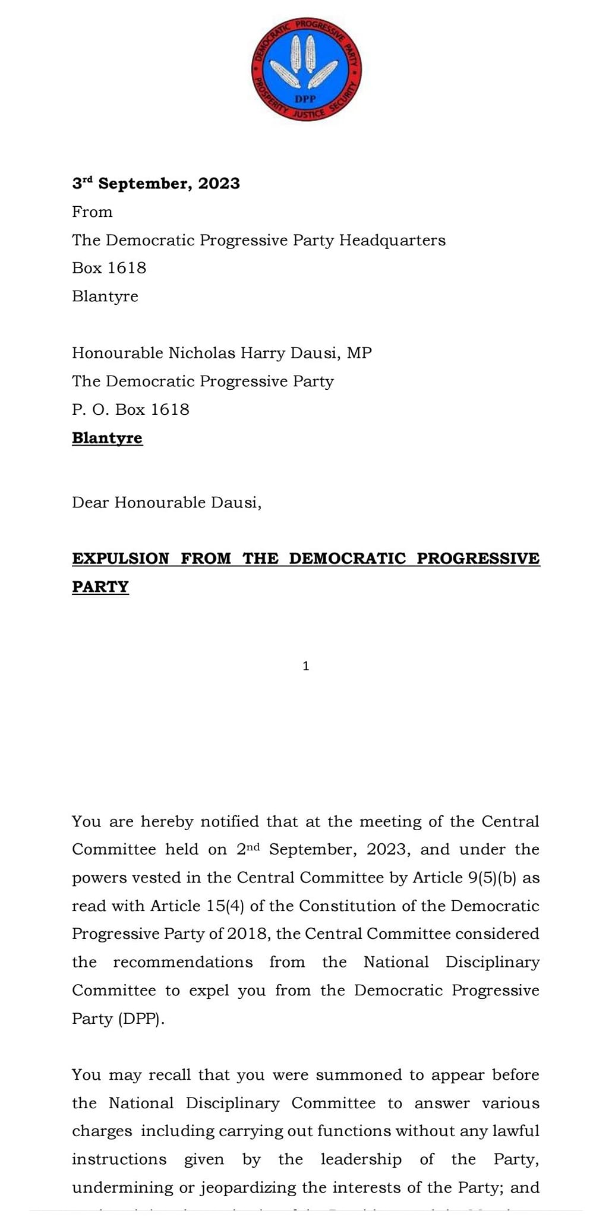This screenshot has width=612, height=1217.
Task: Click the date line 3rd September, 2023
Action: click(156, 184)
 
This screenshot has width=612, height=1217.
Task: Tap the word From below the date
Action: click(92, 212)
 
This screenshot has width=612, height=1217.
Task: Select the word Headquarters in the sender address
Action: click(392, 240)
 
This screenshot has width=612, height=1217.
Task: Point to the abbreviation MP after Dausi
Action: click(359, 353)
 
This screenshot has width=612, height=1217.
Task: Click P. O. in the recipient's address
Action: click(89, 409)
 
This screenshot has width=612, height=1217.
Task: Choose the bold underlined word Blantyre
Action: click(107, 438)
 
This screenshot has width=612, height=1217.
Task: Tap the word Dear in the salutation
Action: click(90, 503)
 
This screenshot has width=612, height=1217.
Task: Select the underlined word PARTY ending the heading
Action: click(100, 587)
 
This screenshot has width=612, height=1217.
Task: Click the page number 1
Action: click(306, 666)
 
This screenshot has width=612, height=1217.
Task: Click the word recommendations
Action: click(183, 962)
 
